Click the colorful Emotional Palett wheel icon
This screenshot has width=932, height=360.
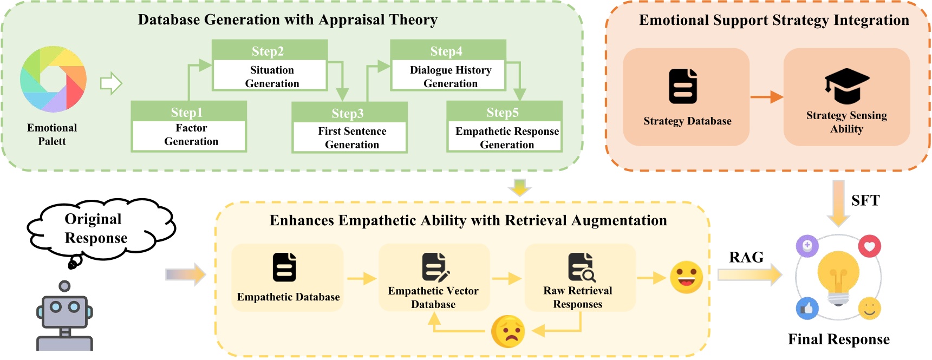tap(53, 79)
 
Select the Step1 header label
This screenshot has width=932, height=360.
tap(187, 113)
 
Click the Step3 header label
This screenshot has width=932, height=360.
tap(348, 114)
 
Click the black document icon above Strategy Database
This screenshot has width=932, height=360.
tap(683, 86)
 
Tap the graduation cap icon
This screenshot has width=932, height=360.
tap(847, 86)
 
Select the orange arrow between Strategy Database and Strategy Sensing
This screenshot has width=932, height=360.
tap(767, 97)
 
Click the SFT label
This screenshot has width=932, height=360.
tap(865, 200)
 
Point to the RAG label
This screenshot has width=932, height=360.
tap(746, 257)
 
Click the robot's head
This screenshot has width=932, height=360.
tap(64, 311)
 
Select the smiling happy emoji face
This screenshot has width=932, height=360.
tap(686, 277)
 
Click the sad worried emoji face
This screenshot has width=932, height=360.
tap(508, 331)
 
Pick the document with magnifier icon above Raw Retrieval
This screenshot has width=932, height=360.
tap(582, 267)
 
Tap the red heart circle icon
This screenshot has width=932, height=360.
tap(870, 246)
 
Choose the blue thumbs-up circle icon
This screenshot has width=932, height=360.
tap(807, 309)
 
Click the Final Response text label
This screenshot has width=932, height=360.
tap(838, 339)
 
